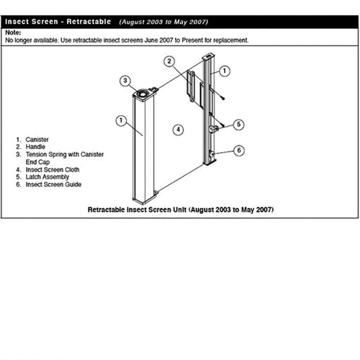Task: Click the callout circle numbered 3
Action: pos(125,80)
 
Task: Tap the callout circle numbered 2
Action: pos(169,61)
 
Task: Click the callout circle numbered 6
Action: pos(240,150)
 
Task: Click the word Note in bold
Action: pos(12,33)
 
